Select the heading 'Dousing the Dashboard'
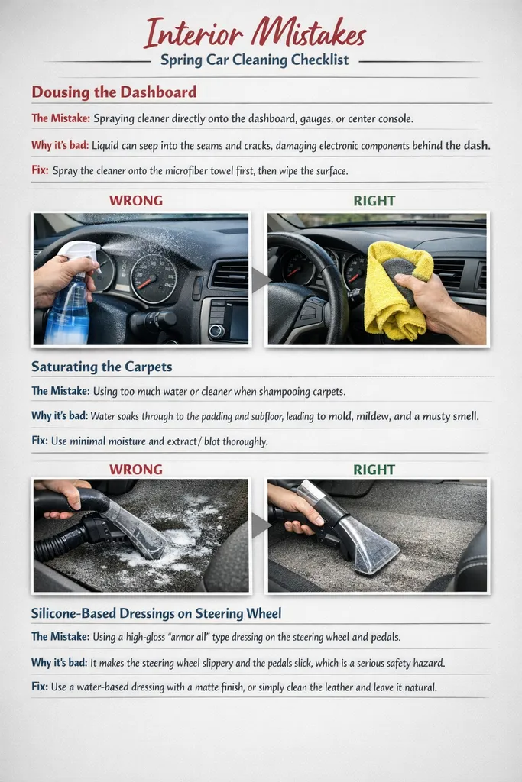pos(114,92)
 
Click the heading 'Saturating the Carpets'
pos(102,367)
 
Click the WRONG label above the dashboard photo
pos(136,201)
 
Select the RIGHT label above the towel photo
pos(374,201)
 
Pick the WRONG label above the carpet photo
pos(136,468)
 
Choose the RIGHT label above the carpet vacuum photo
pos(374,468)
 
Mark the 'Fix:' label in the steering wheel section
pos(40,687)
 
